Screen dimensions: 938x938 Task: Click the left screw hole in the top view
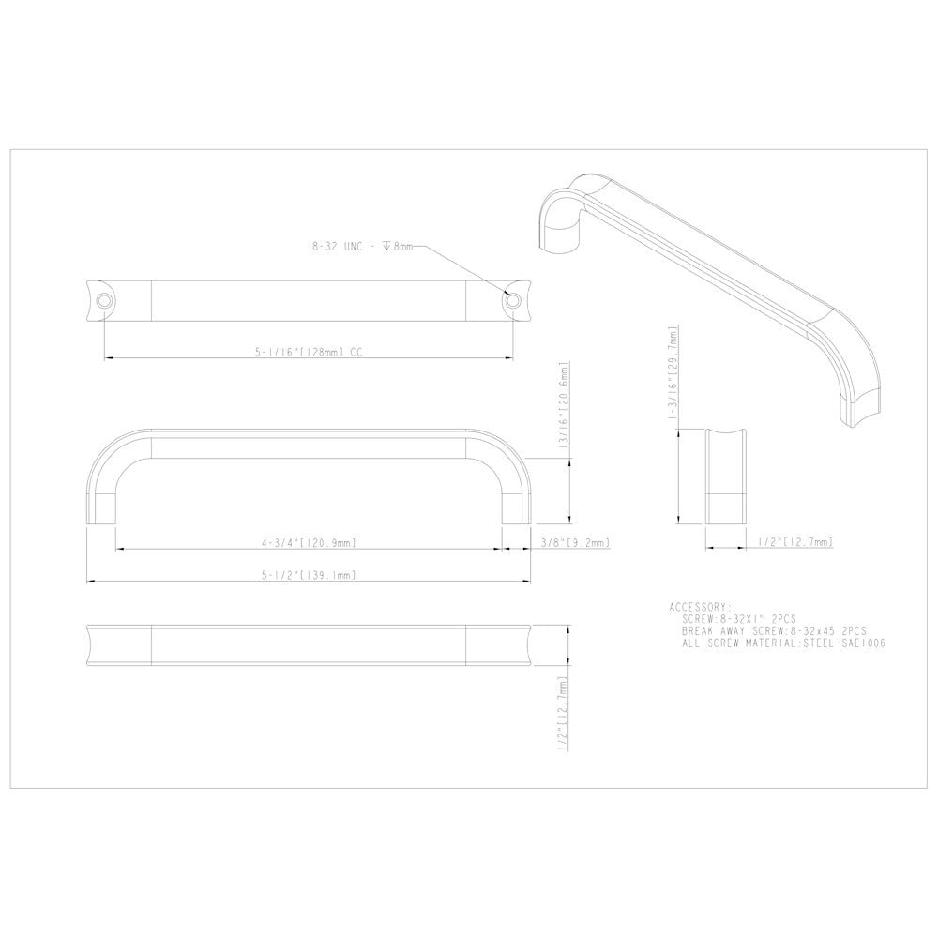(x=104, y=300)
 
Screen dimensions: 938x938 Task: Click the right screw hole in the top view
(x=513, y=300)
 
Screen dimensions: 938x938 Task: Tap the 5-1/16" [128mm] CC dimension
(x=309, y=354)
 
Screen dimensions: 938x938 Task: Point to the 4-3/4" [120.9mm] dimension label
(x=309, y=543)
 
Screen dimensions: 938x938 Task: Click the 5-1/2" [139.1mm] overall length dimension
(x=309, y=576)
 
